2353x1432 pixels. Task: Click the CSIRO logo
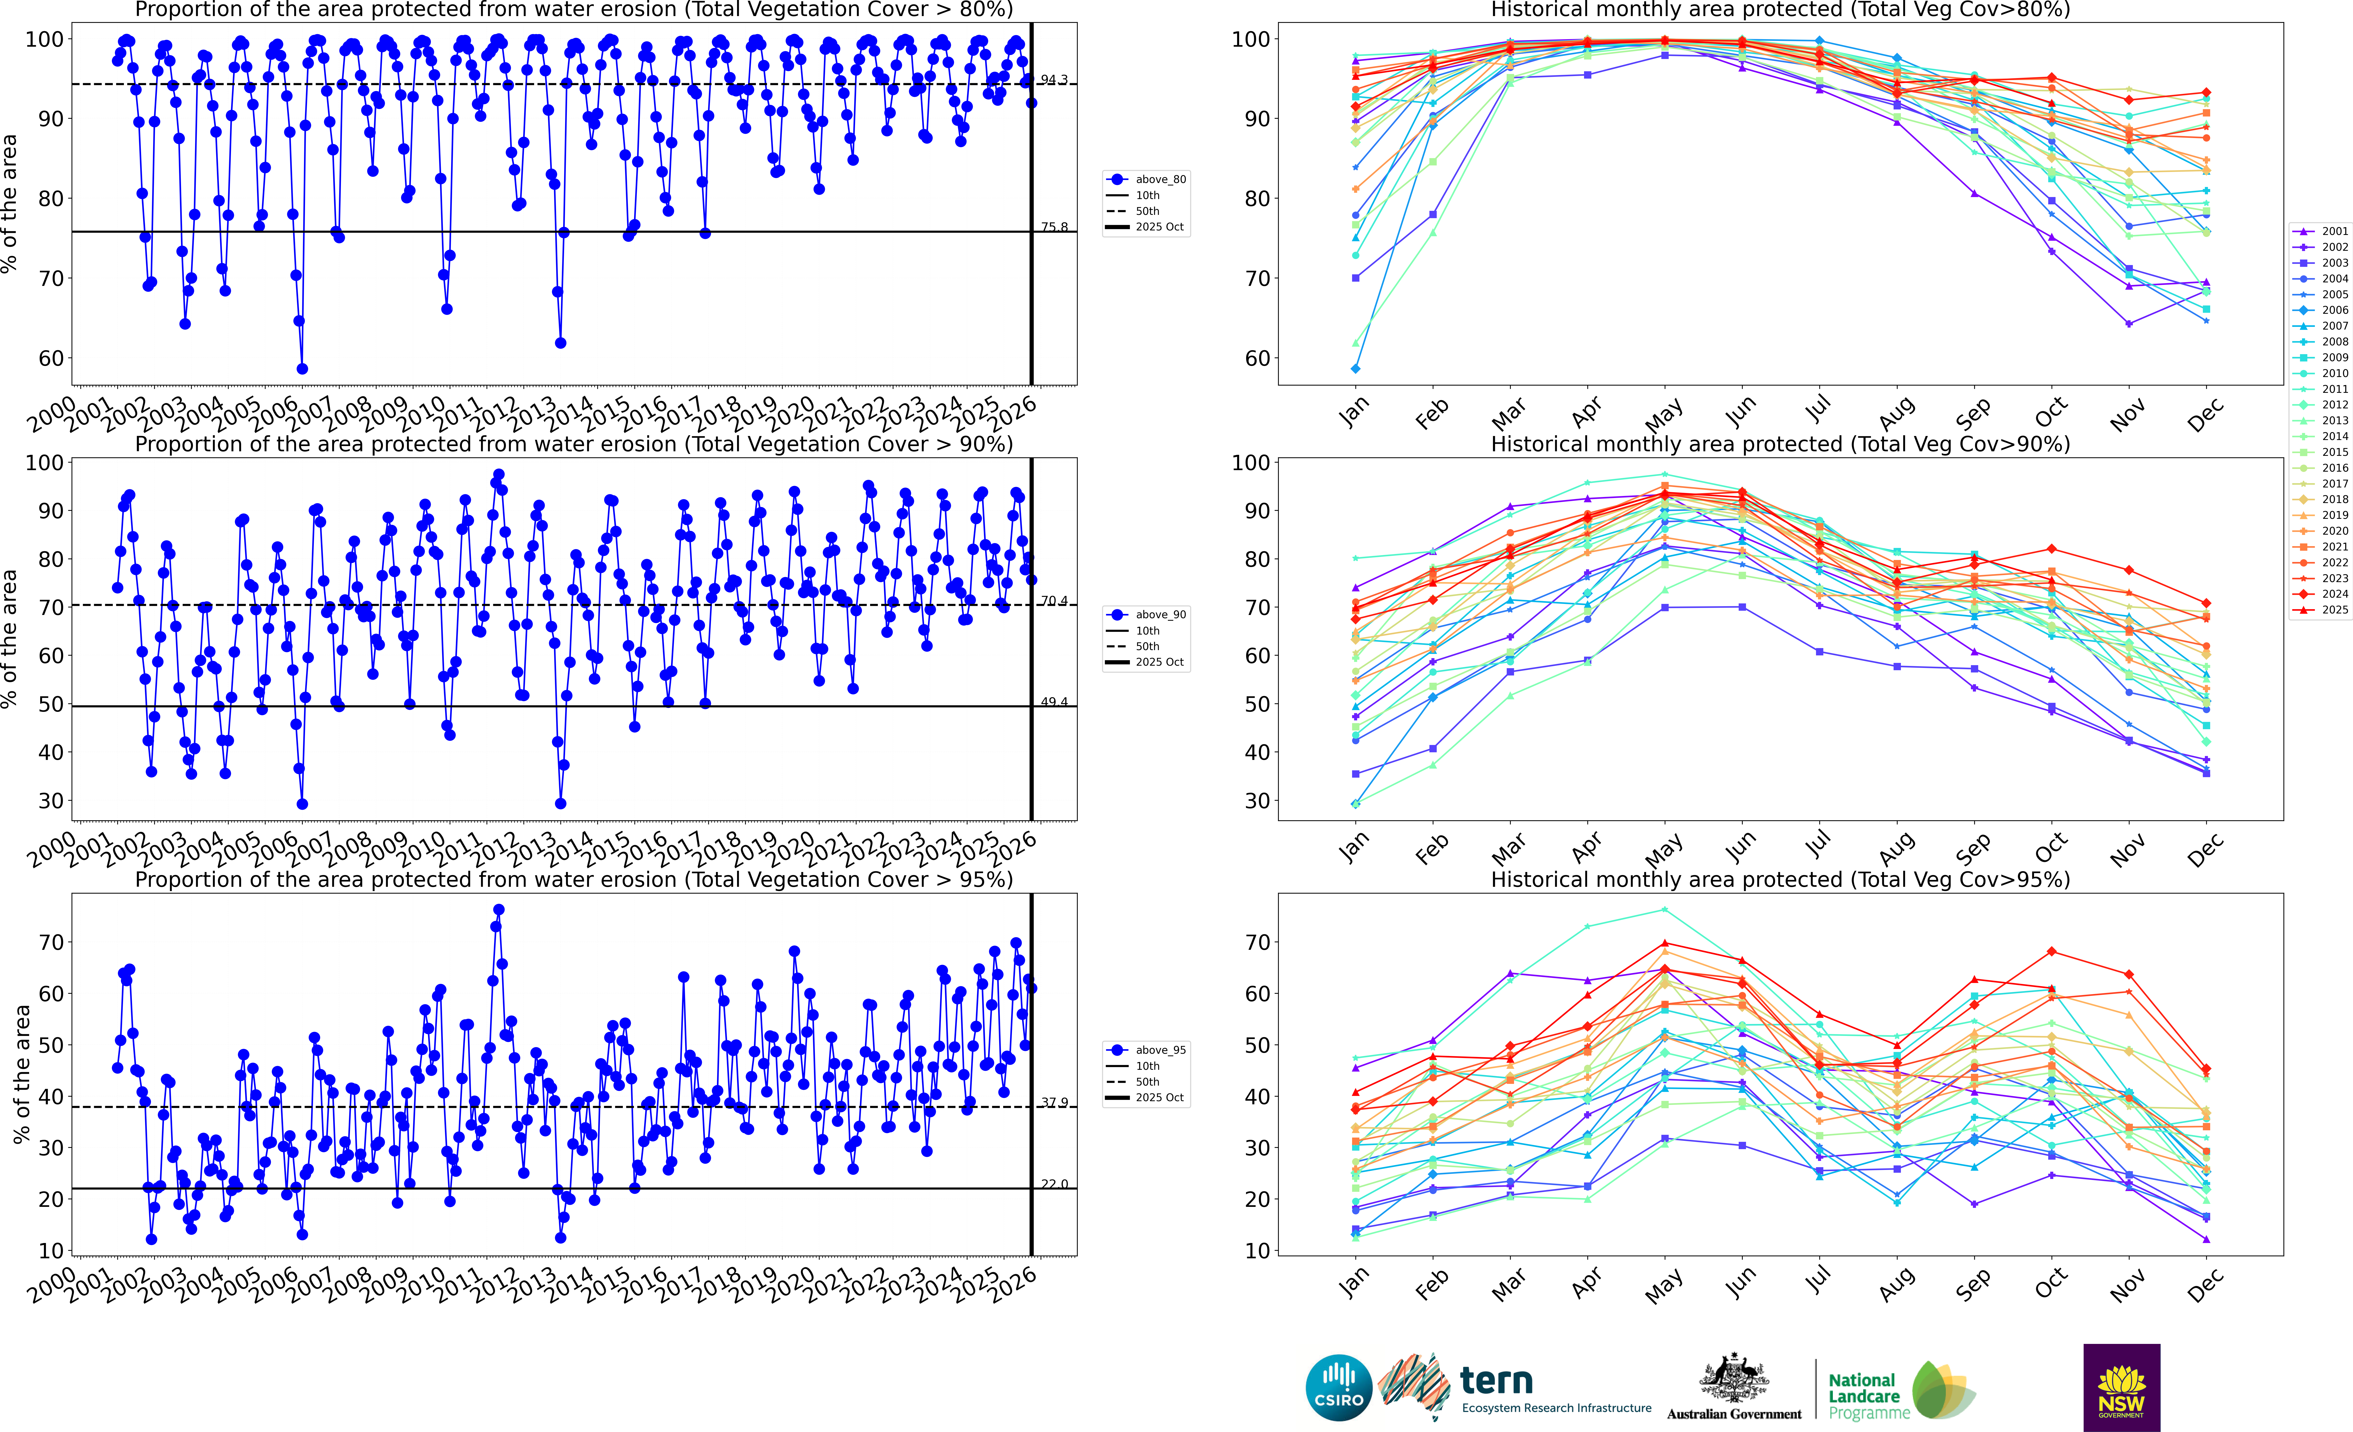[x=1338, y=1387]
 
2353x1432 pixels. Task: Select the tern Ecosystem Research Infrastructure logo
[x=1518, y=1387]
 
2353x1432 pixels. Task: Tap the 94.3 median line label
[x=1054, y=80]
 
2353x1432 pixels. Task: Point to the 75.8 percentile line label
[x=1054, y=227]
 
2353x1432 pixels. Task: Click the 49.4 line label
[x=1054, y=702]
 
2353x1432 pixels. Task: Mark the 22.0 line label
[x=1054, y=1184]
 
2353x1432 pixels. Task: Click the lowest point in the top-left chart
[x=302, y=368]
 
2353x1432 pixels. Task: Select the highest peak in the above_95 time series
[x=499, y=910]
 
